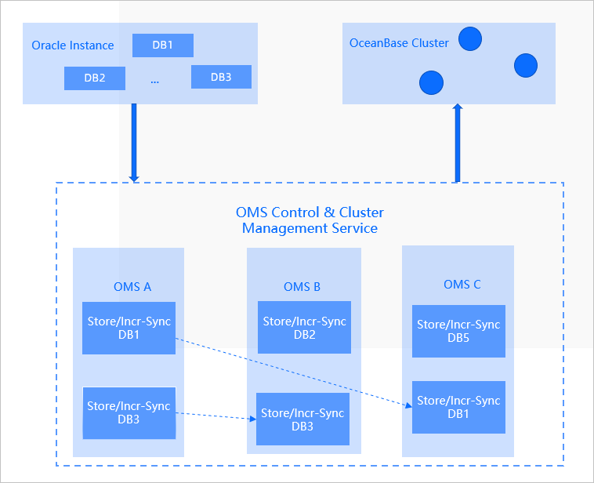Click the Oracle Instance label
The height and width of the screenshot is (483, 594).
72,45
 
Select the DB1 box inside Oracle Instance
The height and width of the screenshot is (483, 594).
162,45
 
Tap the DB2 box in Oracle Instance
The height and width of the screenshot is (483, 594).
94,78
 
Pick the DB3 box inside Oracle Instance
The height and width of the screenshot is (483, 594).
221,77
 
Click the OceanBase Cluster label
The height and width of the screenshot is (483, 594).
399,43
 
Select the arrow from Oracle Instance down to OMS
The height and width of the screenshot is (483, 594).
134,141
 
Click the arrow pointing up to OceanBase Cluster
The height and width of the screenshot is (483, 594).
458,143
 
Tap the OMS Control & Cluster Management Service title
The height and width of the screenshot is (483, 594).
310,220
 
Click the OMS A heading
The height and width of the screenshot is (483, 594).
132,287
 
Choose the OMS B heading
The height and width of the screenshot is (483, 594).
302,287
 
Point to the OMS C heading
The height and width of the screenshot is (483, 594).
462,285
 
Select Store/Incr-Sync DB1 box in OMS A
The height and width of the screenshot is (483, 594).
129,328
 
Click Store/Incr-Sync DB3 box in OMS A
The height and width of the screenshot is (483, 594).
129,412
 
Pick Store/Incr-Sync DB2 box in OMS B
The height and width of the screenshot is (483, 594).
304,328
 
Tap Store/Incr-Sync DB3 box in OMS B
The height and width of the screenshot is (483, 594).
302,419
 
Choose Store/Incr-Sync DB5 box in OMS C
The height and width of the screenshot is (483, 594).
458,331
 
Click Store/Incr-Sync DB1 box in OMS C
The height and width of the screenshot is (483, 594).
458,407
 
